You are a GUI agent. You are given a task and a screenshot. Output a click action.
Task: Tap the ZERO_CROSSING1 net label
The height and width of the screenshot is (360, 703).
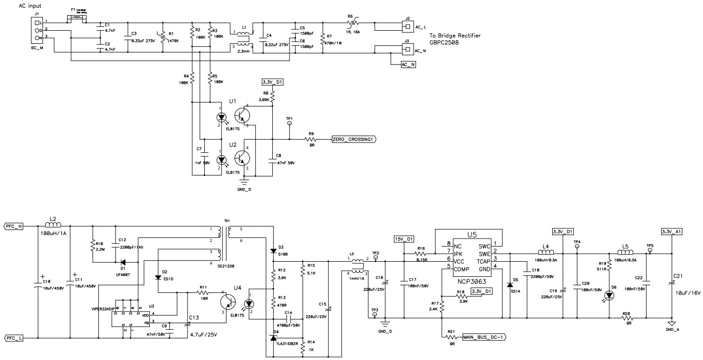click(354, 139)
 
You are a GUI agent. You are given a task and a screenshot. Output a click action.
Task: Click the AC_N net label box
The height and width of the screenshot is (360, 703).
click(406, 65)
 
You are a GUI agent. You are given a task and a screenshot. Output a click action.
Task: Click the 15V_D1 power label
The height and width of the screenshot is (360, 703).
click(403, 238)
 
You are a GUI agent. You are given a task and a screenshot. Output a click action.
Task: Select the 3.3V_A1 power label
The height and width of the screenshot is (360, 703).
click(671, 231)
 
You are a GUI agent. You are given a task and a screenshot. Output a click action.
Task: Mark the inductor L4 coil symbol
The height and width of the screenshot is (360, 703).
click(546, 252)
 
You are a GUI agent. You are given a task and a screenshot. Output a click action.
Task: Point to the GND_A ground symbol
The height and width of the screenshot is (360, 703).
click(671, 323)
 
